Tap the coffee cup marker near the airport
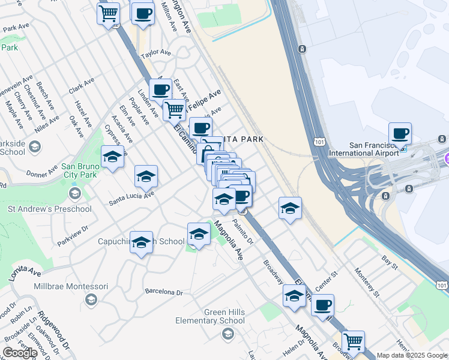click(400, 134)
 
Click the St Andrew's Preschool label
click(50, 209)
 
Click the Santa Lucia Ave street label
click(131, 198)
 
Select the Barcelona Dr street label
click(163, 292)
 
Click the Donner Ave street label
click(41, 173)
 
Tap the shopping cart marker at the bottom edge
click(353, 341)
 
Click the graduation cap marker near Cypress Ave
click(112, 157)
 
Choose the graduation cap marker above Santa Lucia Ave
click(146, 177)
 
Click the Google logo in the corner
click(20, 353)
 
